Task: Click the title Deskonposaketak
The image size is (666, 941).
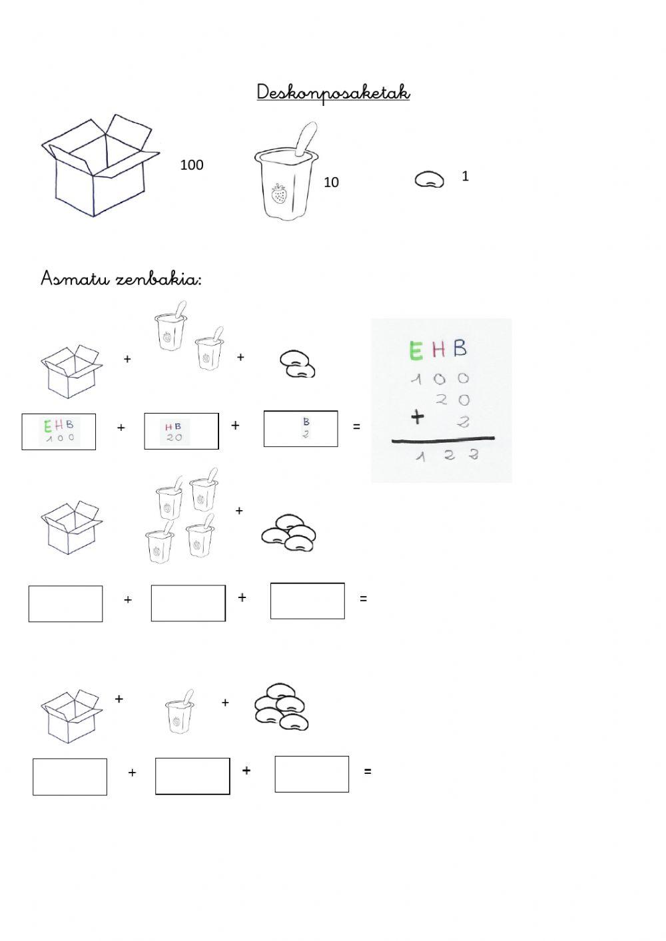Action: coord(333,93)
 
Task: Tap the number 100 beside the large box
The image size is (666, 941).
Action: coord(192,165)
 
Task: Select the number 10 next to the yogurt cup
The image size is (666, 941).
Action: coord(331,182)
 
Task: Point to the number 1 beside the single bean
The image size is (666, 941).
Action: coord(465,176)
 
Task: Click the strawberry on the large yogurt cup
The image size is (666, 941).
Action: coord(278,194)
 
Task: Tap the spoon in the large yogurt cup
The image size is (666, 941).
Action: coord(305,139)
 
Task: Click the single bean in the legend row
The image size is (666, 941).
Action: coord(429,180)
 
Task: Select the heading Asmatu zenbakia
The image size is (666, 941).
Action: coord(121,279)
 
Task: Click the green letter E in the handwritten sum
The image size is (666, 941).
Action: coord(416,350)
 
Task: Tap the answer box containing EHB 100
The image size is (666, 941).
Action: coord(59,432)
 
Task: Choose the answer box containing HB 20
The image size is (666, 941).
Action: coord(182,431)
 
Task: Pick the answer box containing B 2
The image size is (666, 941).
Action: coord(301,428)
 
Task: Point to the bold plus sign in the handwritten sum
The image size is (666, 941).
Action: coord(417,418)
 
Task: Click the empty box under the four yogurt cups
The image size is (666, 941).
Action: coord(188,603)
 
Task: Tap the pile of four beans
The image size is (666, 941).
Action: coord(288,532)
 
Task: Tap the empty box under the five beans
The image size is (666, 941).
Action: coord(312,775)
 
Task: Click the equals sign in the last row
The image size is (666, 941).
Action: coord(368,771)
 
